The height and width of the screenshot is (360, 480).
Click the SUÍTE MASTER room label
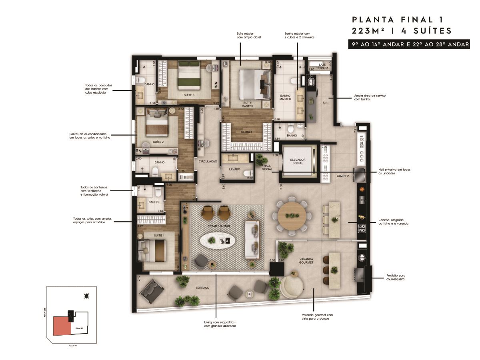click(x=248, y=105)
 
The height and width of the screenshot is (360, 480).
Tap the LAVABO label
click(x=234, y=169)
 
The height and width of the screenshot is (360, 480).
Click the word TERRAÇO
click(x=203, y=287)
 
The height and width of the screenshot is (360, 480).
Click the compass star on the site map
click(x=86, y=296)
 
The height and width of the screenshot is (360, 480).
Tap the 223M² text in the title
click(x=370, y=31)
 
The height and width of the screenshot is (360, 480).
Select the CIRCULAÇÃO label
click(x=208, y=161)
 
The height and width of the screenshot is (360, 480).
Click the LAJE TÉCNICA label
click(x=323, y=66)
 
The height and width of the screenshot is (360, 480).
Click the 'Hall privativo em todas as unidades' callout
click(x=394, y=172)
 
